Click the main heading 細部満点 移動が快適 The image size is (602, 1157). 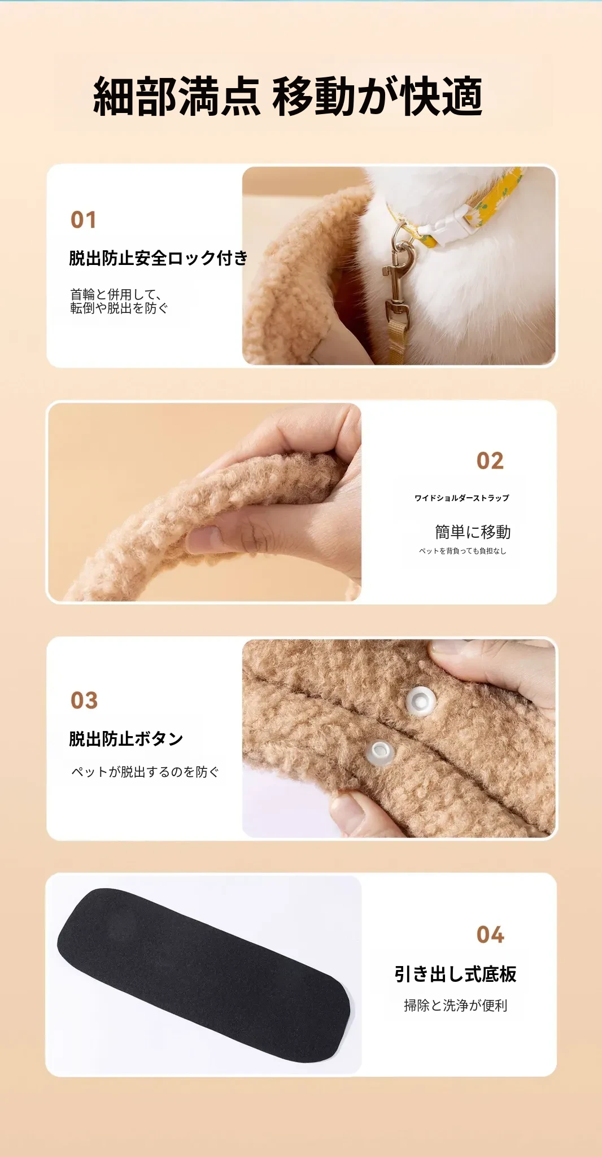(x=287, y=97)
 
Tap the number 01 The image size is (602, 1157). (x=84, y=220)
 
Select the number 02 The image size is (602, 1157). (x=490, y=461)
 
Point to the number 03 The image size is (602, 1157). (x=84, y=701)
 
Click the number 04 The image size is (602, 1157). (x=490, y=935)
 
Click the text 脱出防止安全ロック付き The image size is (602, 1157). (x=158, y=258)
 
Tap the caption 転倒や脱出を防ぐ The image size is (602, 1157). (x=119, y=308)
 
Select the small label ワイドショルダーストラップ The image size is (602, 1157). (x=462, y=498)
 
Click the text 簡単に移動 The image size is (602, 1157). (x=473, y=532)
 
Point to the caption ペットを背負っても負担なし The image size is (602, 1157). (x=463, y=551)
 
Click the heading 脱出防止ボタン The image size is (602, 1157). (x=126, y=738)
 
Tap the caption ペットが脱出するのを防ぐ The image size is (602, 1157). (x=145, y=772)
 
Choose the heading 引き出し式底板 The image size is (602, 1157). (x=456, y=974)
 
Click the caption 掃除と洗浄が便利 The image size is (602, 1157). (x=456, y=1005)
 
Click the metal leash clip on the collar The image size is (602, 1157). (x=399, y=280)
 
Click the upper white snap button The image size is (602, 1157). (x=421, y=701)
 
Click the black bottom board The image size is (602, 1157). (x=204, y=975)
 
